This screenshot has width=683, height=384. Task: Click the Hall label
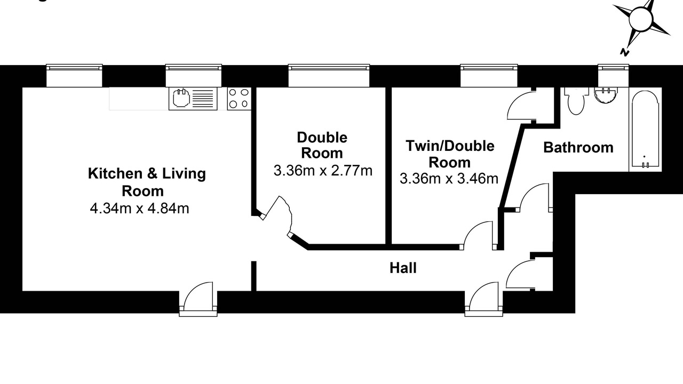pos(403,268)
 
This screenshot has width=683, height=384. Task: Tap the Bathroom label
pos(578,148)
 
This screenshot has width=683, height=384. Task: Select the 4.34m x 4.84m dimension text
pos(139,209)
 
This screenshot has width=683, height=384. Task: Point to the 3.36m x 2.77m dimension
pos(323,170)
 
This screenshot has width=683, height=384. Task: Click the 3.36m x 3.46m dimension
pos(449,179)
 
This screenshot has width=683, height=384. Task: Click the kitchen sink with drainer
pos(193,99)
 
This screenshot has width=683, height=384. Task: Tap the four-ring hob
pos(239,99)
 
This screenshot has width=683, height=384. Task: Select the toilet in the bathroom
pos(576,101)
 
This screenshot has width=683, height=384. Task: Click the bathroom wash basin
pos(606,95)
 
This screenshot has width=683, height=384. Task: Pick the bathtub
pos(645,129)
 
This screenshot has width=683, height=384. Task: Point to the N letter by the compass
pos(625,52)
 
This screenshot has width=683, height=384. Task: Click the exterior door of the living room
pos(198,299)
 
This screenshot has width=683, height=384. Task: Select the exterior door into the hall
pos(484,299)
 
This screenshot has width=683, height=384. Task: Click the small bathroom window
pos(613,75)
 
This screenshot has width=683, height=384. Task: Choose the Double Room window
pos(329,75)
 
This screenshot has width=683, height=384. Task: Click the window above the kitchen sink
pos(193,75)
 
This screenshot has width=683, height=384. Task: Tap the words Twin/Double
pos(450,146)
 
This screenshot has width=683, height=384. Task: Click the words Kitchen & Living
pos(147,173)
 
